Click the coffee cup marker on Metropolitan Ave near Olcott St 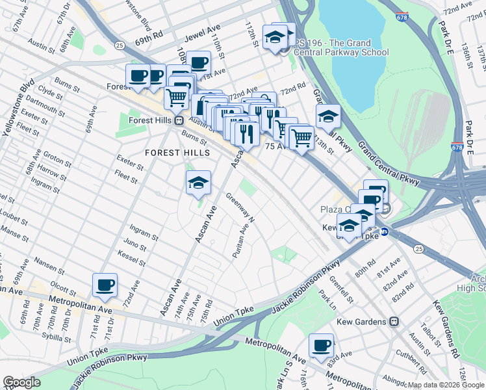point(105,284)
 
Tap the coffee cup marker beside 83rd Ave point(320,345)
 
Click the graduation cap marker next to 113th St point(328,116)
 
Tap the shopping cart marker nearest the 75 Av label point(301,138)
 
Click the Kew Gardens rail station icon point(393,322)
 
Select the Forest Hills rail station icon point(179,120)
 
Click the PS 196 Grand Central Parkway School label point(340,47)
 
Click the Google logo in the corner point(21,382)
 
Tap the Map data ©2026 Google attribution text point(445,385)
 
